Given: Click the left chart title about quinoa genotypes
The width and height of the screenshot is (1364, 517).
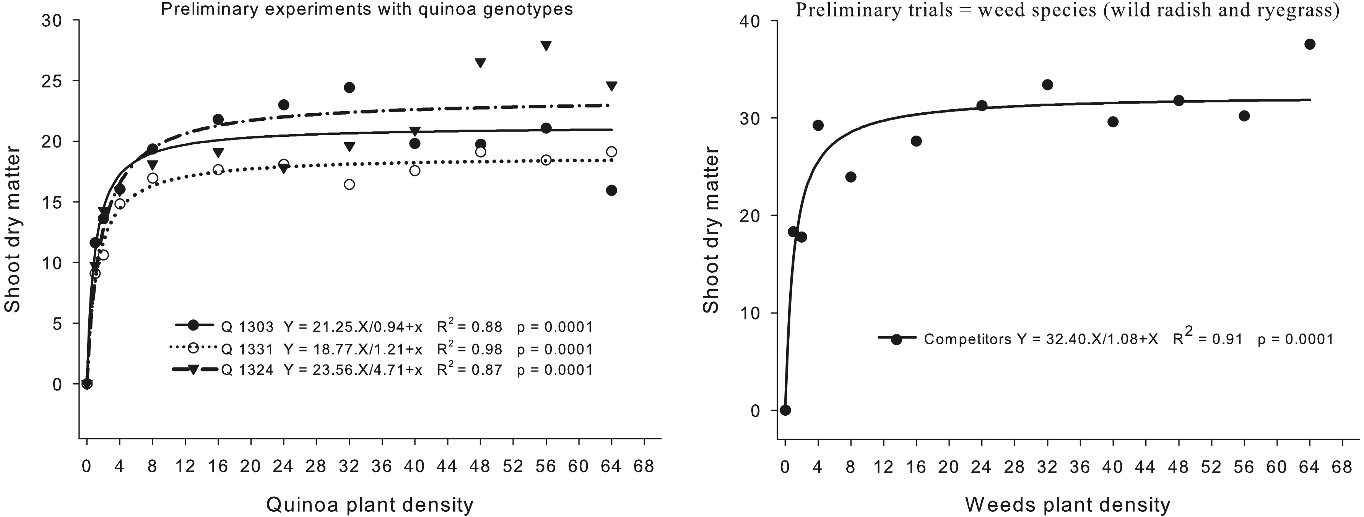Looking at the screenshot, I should [366, 10].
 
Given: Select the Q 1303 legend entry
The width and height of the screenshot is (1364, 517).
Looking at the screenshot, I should [247, 327].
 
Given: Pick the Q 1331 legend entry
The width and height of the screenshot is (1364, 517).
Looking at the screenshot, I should [247, 349].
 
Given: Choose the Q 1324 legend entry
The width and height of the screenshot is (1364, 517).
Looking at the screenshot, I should [247, 370].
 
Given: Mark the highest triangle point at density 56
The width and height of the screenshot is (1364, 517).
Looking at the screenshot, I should [546, 45].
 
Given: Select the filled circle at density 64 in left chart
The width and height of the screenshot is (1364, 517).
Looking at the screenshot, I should [611, 191].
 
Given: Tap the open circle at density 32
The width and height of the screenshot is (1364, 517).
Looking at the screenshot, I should [349, 184].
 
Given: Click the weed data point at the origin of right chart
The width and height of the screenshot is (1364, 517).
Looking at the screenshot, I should [785, 410].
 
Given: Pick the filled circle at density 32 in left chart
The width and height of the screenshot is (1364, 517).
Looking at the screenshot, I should [349, 88].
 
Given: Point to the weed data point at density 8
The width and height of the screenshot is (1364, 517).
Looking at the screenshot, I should [850, 177].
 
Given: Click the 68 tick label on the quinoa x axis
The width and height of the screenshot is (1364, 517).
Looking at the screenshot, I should [644, 467].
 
